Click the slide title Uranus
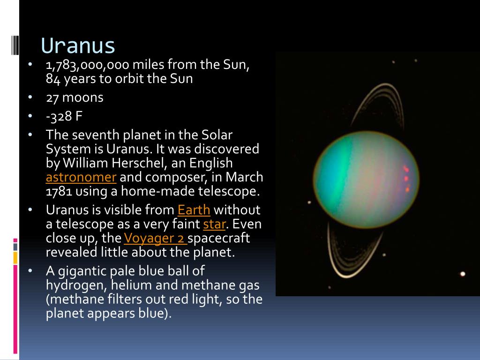(x=78, y=45)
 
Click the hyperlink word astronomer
(x=81, y=177)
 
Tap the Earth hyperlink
(x=194, y=210)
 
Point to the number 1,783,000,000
(x=88, y=65)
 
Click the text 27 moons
(x=75, y=97)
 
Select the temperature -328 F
(x=64, y=116)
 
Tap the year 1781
(x=59, y=191)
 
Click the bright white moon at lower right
(x=463, y=274)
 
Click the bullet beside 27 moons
(x=30, y=97)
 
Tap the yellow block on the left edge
(x=15, y=258)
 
